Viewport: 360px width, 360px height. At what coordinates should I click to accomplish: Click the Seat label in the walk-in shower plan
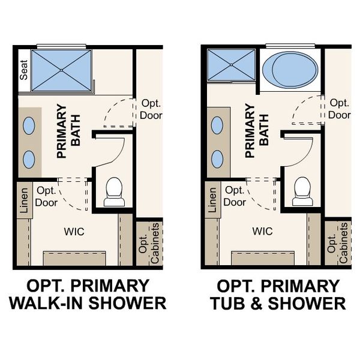pyautogui.click(x=25, y=71)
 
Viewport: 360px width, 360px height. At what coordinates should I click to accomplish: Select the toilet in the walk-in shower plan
pyautogui.click(x=113, y=191)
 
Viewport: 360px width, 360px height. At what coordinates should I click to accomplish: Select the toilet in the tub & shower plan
pyautogui.click(x=302, y=191)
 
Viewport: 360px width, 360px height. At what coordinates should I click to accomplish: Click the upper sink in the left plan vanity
pyautogui.click(x=28, y=125)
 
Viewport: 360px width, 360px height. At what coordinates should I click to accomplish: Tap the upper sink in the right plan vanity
pyautogui.click(x=217, y=125)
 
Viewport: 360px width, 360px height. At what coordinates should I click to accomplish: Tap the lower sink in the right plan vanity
pyautogui.click(x=217, y=159)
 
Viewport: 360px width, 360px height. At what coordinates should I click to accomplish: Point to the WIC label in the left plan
pyautogui.click(x=74, y=230)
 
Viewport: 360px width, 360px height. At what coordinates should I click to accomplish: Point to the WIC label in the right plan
pyautogui.click(x=263, y=230)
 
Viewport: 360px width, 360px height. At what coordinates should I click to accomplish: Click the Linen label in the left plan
pyautogui.click(x=25, y=200)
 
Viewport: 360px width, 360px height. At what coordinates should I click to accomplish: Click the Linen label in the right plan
pyautogui.click(x=213, y=200)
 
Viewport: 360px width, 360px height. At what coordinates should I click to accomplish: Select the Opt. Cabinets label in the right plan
pyautogui.click(x=338, y=244)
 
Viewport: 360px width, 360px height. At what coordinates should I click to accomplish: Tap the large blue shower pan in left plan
pyautogui.click(x=61, y=71)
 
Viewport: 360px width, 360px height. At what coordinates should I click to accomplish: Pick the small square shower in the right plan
pyautogui.click(x=232, y=65)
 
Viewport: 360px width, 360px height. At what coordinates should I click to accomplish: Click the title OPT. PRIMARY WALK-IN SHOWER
pyautogui.click(x=87, y=294)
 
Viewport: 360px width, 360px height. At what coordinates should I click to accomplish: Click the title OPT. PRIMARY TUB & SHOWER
pyautogui.click(x=277, y=294)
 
